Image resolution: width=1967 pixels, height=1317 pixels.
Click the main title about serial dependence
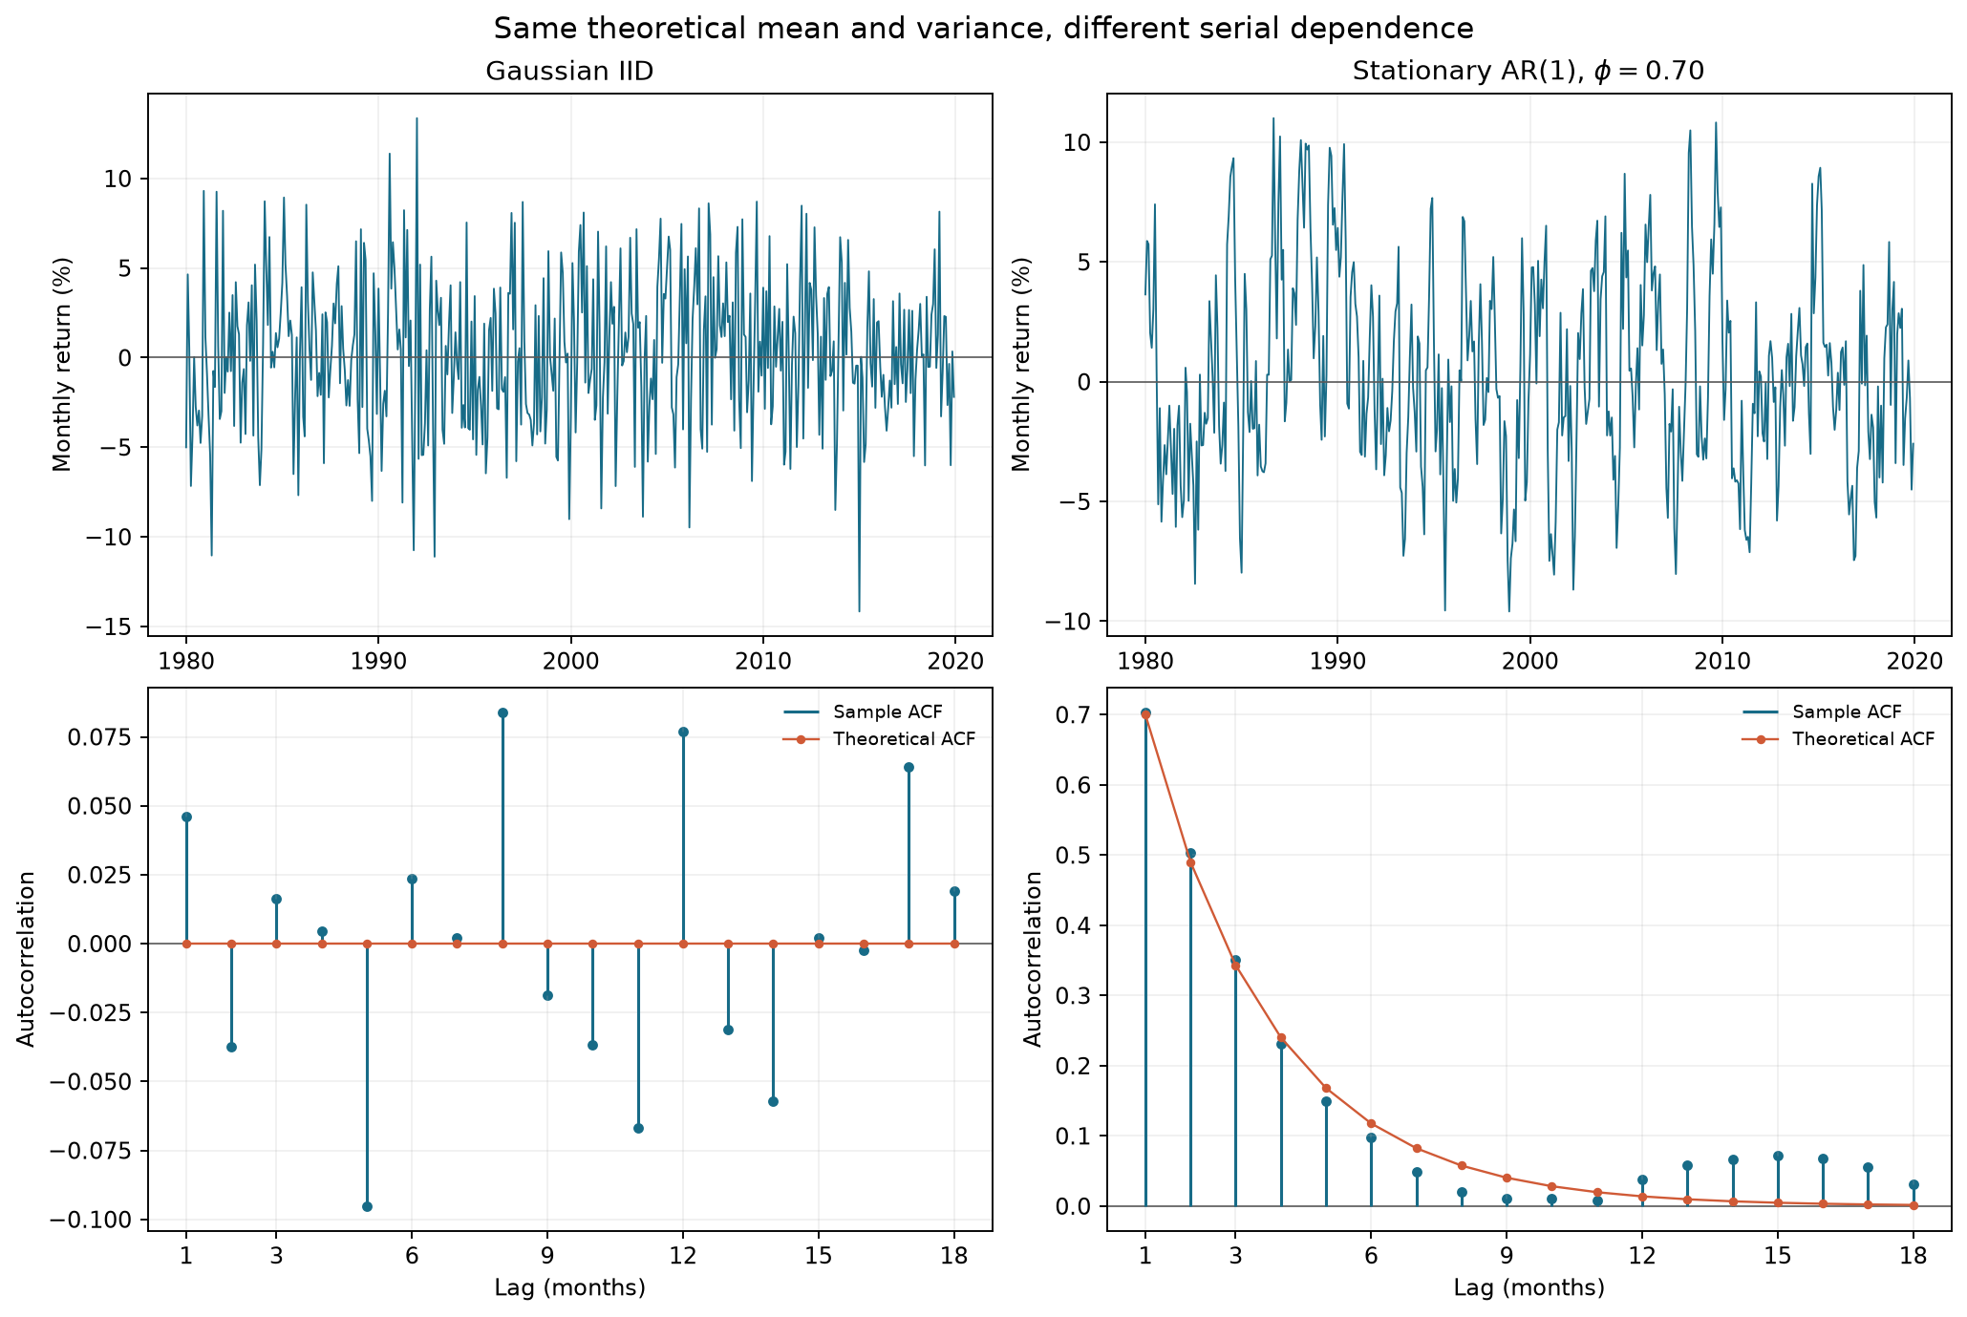pyautogui.click(x=983, y=29)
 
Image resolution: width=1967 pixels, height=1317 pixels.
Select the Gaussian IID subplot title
pyautogui.click(x=569, y=72)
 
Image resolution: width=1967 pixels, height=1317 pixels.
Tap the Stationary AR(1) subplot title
pyautogui.click(x=1529, y=72)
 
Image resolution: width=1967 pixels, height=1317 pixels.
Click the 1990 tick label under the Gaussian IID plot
pyautogui.click(x=378, y=661)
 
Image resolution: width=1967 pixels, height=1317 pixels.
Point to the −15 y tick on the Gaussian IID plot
pyautogui.click(x=114, y=627)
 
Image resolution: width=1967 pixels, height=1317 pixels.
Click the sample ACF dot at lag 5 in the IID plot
pyautogui.click(x=367, y=1206)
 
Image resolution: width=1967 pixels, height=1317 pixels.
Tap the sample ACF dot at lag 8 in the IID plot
pyautogui.click(x=502, y=712)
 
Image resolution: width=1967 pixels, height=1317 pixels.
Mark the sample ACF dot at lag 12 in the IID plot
pyautogui.click(x=683, y=732)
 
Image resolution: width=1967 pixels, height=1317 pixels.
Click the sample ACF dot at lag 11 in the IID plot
pyautogui.click(x=638, y=1128)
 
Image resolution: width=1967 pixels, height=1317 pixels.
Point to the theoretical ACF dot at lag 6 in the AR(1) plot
pyautogui.click(x=1371, y=1123)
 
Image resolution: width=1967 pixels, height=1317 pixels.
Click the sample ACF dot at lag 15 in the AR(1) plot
pyautogui.click(x=1778, y=1156)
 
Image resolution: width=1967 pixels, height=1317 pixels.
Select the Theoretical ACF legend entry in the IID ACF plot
pyautogui.click(x=879, y=738)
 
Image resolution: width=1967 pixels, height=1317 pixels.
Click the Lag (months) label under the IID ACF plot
pyautogui.click(x=570, y=1288)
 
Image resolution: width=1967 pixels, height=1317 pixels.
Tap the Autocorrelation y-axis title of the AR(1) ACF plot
pyautogui.click(x=1033, y=958)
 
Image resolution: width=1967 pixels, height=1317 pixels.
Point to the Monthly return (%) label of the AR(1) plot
pyautogui.click(x=1022, y=364)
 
